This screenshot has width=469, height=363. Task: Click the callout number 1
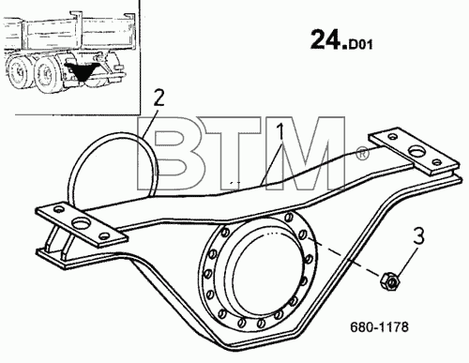(x=281, y=131)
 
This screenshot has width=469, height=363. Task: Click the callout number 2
(x=159, y=98)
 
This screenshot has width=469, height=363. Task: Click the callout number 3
(x=418, y=236)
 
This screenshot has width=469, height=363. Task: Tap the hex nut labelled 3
(x=390, y=280)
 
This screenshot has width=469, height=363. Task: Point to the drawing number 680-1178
(x=379, y=327)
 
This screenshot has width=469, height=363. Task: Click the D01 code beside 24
(x=360, y=45)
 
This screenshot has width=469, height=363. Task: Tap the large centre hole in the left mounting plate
(x=82, y=223)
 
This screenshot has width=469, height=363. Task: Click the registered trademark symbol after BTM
(x=362, y=155)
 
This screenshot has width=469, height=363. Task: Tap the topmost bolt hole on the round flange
(x=289, y=217)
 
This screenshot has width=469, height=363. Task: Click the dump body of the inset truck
(x=70, y=35)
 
